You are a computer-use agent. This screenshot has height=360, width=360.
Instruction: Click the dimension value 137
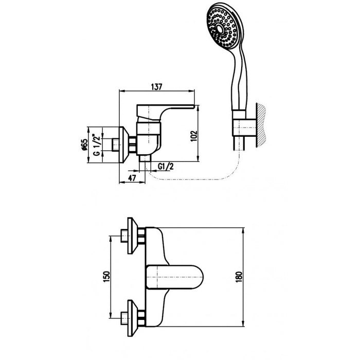point(157,86)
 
